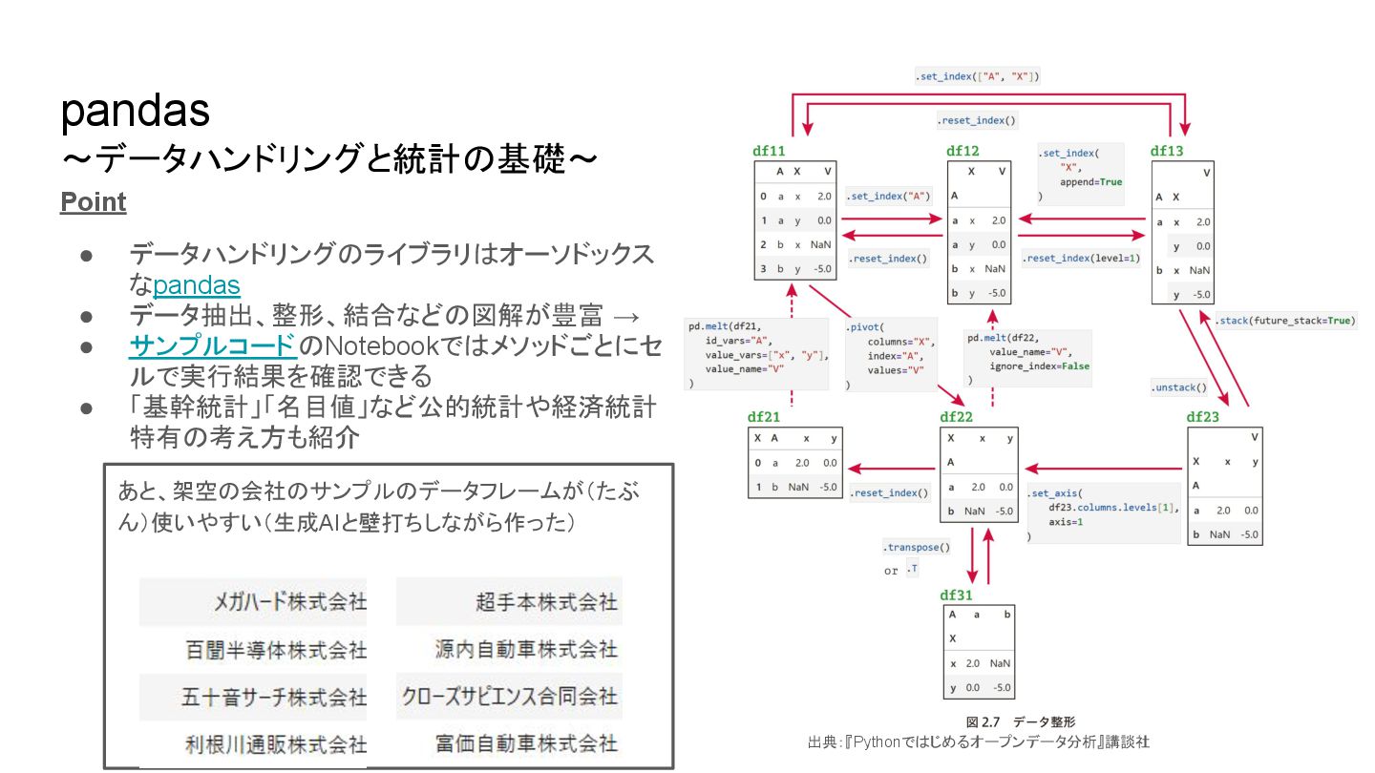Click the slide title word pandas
pos(135,112)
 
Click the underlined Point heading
pos(93,202)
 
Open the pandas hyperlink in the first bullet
pos(197,285)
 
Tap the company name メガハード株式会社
pos(289,602)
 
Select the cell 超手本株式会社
pos(546,602)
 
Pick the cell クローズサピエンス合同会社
pos(510,696)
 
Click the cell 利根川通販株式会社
pos(275,743)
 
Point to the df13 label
pos(1166,151)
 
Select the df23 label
pos(1202,417)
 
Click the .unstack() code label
pos(1178,387)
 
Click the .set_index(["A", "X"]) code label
pos(976,75)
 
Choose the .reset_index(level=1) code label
pos(1080,259)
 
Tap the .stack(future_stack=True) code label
pos(1284,321)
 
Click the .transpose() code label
pos(917,548)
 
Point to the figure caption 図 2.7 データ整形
pos(1020,722)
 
